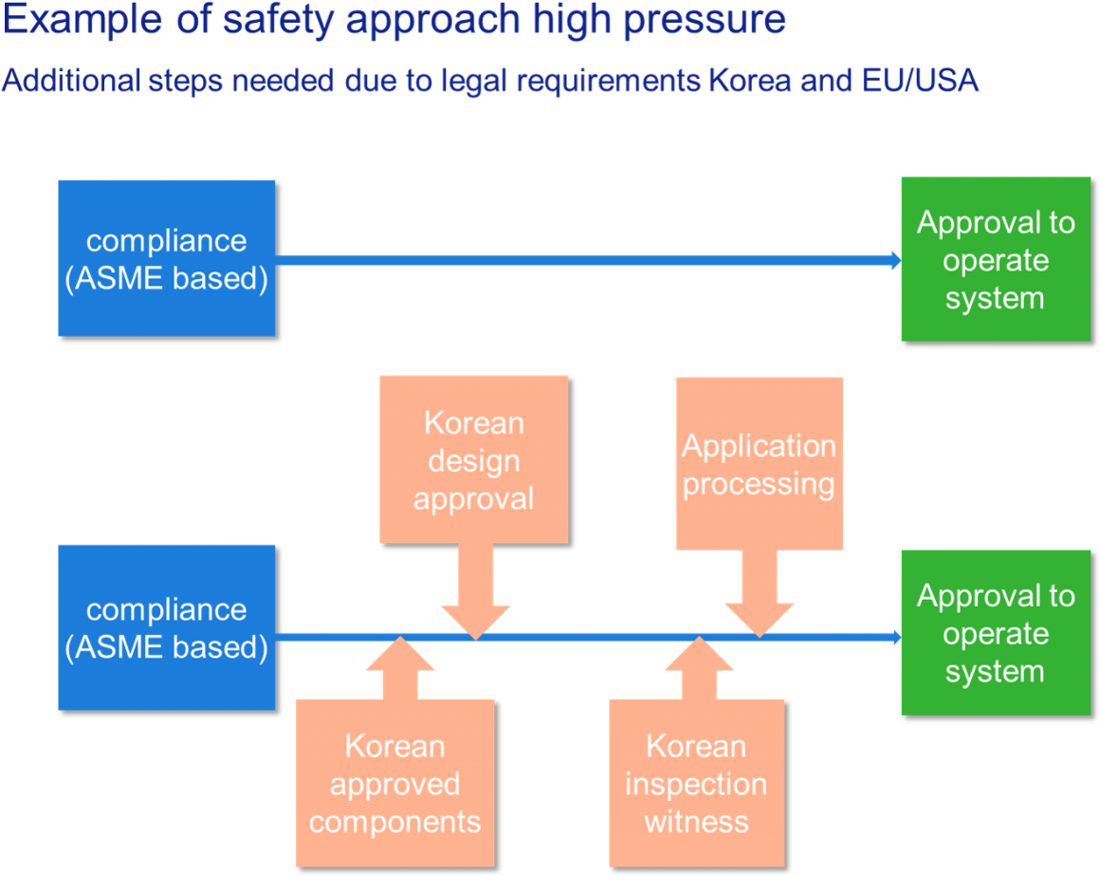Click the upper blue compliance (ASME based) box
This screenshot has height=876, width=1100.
point(166,258)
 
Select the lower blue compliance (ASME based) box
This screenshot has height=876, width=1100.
point(166,627)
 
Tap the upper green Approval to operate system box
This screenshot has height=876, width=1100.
point(995,259)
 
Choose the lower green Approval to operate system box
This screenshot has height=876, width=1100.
point(995,632)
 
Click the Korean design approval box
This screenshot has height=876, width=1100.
point(473,459)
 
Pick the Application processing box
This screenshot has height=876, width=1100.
point(759,463)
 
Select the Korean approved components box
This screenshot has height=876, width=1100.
point(394,783)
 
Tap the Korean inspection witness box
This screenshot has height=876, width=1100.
point(696,783)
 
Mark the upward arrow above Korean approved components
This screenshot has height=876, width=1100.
point(400,670)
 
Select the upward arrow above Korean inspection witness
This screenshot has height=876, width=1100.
point(699,670)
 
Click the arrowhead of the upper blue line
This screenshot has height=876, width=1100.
point(893,260)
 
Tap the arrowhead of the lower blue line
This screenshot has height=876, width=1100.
point(893,637)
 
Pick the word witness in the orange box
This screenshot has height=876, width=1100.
point(696,821)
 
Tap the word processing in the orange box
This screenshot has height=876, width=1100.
point(759,483)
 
